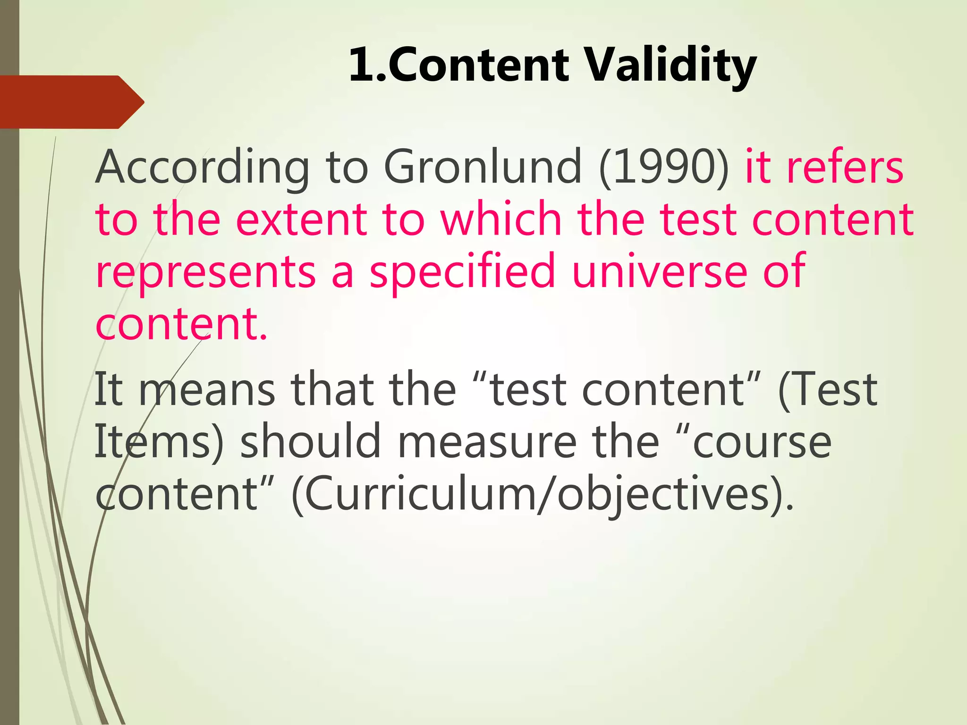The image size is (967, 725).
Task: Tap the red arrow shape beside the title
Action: tap(71, 102)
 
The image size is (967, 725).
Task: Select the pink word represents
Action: tap(205, 272)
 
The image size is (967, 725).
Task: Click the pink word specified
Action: tap(462, 272)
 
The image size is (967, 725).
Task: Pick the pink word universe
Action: tap(659, 271)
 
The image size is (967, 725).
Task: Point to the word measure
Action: tap(487, 442)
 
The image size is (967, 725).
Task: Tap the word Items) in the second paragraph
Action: tap(159, 442)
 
